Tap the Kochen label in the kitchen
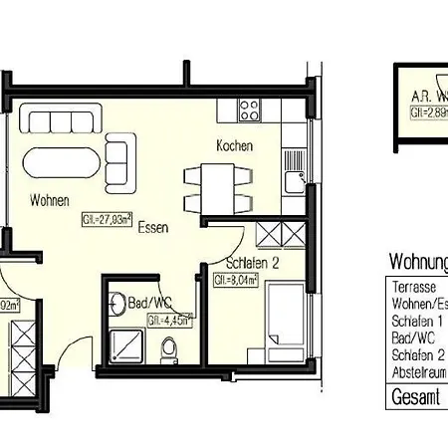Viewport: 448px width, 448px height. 235,145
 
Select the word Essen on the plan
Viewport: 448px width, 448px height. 152,226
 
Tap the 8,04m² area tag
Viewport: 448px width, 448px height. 236,281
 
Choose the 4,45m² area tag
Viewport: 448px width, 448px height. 168,321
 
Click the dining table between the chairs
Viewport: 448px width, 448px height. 213,188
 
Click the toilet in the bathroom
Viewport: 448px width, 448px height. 169,348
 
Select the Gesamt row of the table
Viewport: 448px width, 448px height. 413,398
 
